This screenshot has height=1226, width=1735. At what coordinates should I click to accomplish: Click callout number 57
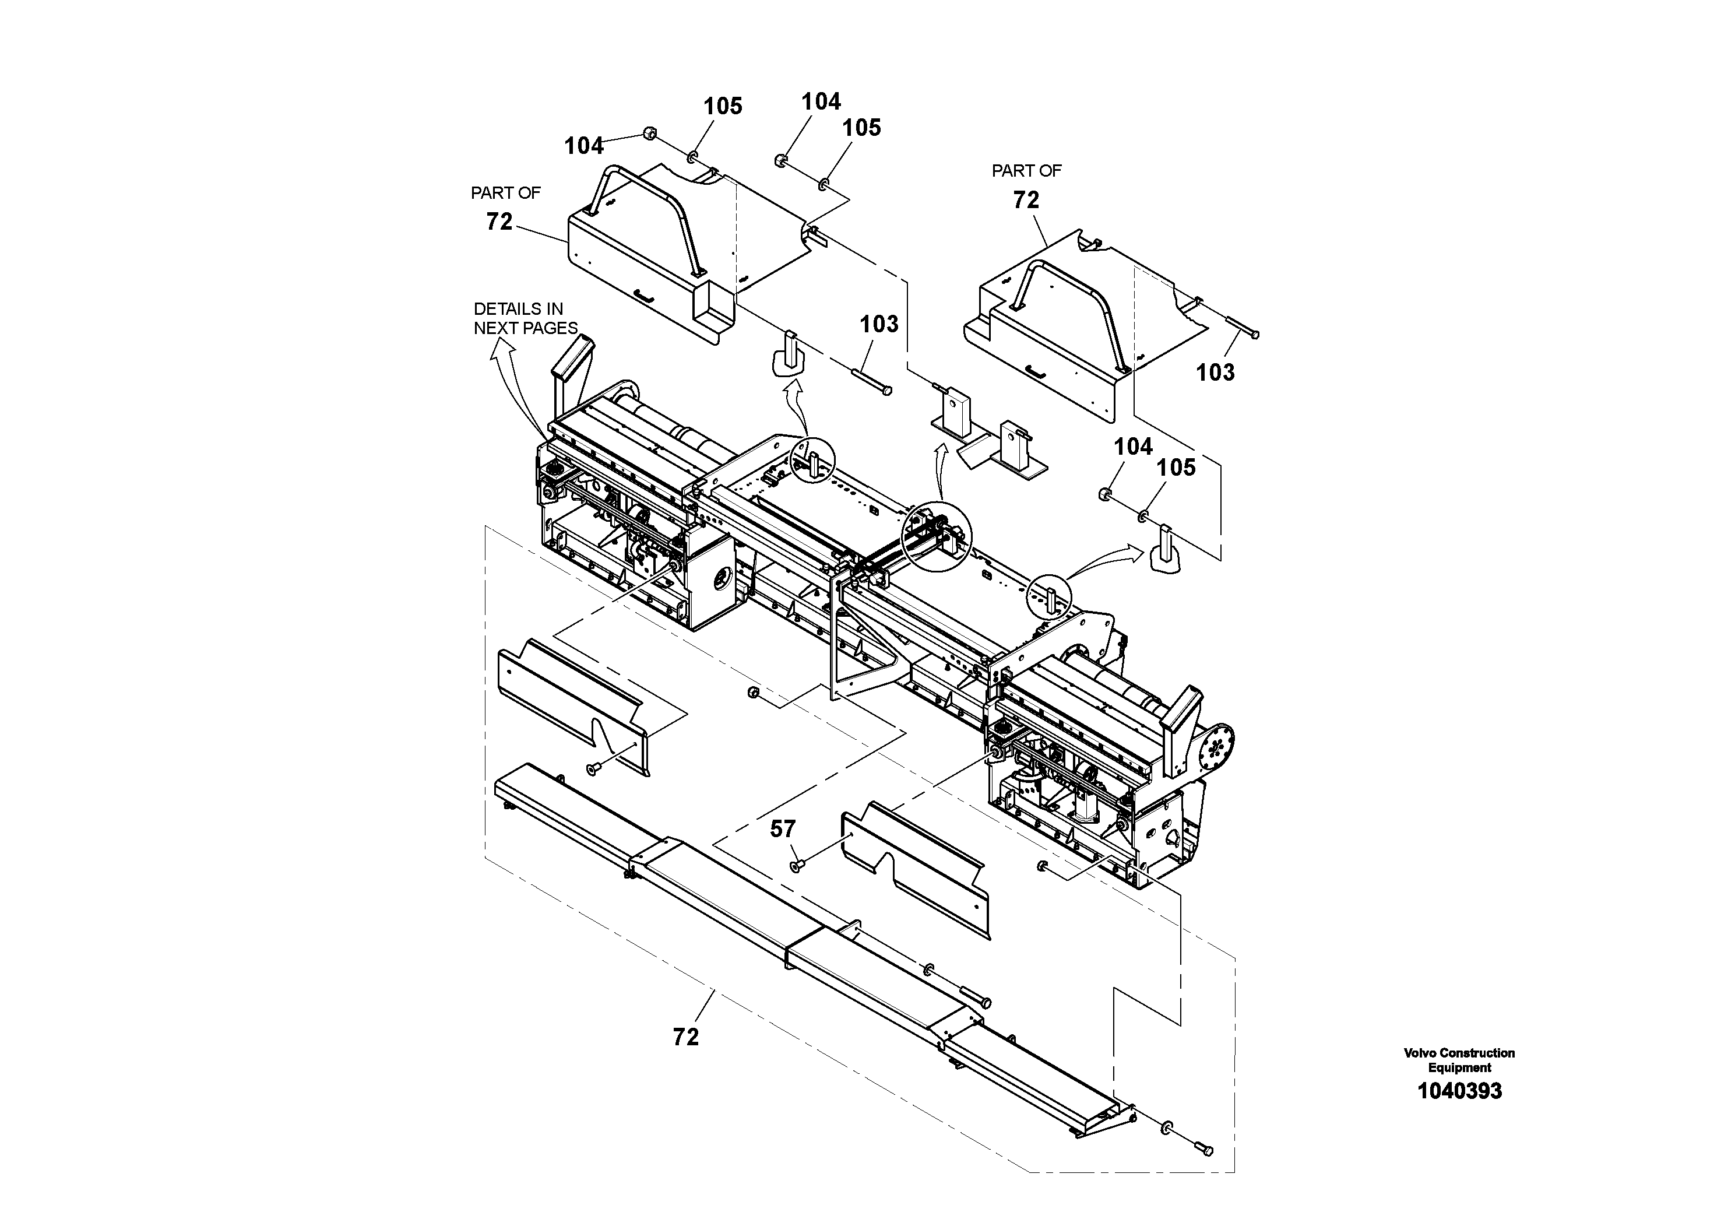pyautogui.click(x=782, y=829)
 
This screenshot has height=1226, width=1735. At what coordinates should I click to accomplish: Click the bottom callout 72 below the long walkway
pyautogui.click(x=685, y=1037)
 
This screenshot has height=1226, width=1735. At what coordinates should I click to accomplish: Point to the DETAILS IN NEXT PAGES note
pyautogui.click(x=525, y=318)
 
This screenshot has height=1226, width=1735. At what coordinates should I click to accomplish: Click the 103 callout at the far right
pyautogui.click(x=1215, y=372)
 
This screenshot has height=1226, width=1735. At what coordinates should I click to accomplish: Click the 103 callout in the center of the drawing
pyautogui.click(x=879, y=324)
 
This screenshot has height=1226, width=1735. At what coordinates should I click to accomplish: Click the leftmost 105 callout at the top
pyautogui.click(x=723, y=107)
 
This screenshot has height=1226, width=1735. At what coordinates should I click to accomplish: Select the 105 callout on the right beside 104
pyautogui.click(x=1176, y=468)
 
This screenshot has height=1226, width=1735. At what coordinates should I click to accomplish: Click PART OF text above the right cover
pyautogui.click(x=1026, y=171)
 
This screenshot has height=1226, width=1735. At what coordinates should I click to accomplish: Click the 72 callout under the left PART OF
pyautogui.click(x=499, y=222)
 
